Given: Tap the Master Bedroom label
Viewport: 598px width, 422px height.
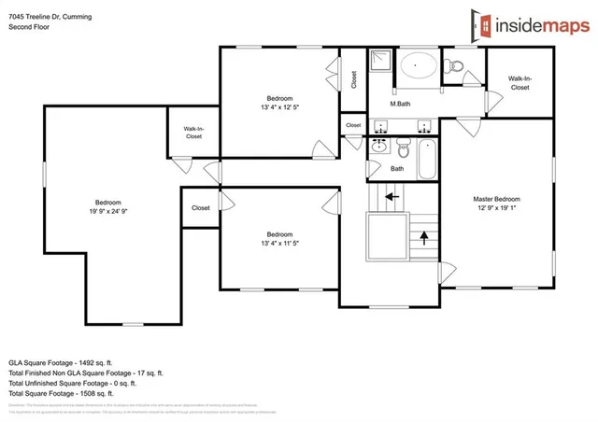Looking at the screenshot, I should pos(495,199).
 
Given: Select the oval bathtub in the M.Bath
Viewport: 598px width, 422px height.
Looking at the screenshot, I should pos(418,67).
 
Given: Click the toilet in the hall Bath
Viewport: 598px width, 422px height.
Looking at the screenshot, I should pos(404,148).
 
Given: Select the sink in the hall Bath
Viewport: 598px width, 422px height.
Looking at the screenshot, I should pos(379,147).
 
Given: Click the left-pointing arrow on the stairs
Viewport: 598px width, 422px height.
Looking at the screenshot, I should pos(392,197).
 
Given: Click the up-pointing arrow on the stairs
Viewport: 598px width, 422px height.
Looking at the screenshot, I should pos(425,237).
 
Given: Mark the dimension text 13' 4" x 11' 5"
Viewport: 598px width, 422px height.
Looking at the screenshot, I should pos(279,244).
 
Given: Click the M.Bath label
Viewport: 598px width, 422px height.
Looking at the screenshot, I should pos(401,104).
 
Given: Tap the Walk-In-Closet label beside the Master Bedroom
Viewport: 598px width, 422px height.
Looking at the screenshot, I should pos(519,83).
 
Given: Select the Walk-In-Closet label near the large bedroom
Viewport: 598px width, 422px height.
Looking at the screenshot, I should pos(193,132).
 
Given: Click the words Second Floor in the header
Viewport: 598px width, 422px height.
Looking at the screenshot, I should pos(28,27).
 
